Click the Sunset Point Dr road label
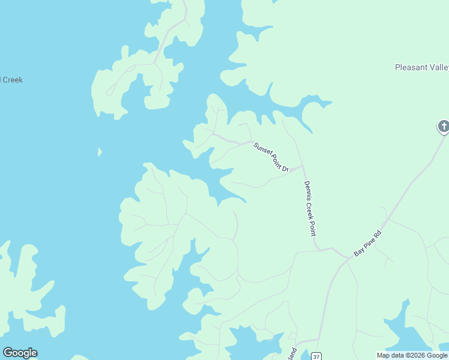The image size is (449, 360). pos(271,157)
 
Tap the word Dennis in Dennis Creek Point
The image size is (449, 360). pos(307,191)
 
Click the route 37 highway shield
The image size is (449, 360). pos(316,356)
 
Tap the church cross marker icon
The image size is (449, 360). pos(443,126)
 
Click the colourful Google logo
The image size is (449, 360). pos(20,353)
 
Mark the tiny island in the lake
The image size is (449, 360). pos(100,152)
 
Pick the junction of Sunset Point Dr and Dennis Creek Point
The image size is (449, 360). pos(303,167)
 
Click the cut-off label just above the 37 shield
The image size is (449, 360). pos(294,353)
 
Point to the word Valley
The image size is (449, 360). pos(438,67)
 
